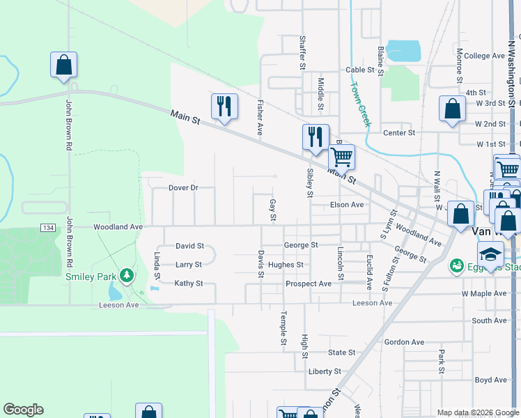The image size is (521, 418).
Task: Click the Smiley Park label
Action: coord(90,276)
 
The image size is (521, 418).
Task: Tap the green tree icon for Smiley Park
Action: coord(126,276)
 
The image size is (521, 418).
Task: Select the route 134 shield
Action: coord(48,228)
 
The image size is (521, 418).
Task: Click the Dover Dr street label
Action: coord(184,188)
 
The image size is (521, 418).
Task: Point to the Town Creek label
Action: coord(360,104)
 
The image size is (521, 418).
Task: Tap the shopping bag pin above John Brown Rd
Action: coord(63,65)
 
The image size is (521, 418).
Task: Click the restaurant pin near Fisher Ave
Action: coord(224,106)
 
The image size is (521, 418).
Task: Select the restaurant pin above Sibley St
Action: coord(316,137)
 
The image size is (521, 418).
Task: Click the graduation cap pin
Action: coord(490,254)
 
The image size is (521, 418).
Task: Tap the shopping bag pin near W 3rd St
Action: coord(452,109)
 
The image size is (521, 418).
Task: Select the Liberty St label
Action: coord(325,371)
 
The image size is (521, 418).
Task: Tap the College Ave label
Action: coord(483,56)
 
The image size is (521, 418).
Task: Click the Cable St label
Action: coord(360,70)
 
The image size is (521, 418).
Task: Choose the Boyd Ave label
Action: coord(491,380)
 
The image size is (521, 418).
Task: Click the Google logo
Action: coord(23,410)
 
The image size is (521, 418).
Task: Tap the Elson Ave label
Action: coord(347,205)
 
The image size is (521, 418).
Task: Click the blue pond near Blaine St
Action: coord(403,50)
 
